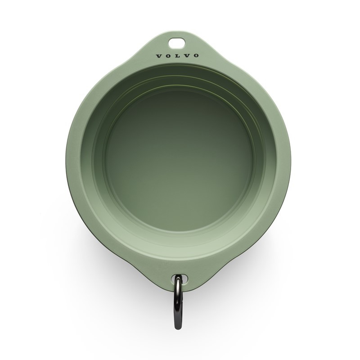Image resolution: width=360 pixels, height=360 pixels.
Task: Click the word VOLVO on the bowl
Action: (x=177, y=56)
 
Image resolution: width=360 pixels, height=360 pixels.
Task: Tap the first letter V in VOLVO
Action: (x=158, y=56)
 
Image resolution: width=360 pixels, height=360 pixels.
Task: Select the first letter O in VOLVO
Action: (x=168, y=56)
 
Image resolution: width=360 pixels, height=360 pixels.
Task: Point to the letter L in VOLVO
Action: (x=177, y=56)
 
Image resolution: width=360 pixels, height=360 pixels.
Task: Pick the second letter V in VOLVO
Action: (x=186, y=56)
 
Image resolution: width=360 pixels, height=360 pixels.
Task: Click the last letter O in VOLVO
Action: (x=196, y=56)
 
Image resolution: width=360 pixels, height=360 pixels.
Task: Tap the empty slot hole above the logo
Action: (x=177, y=43)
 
